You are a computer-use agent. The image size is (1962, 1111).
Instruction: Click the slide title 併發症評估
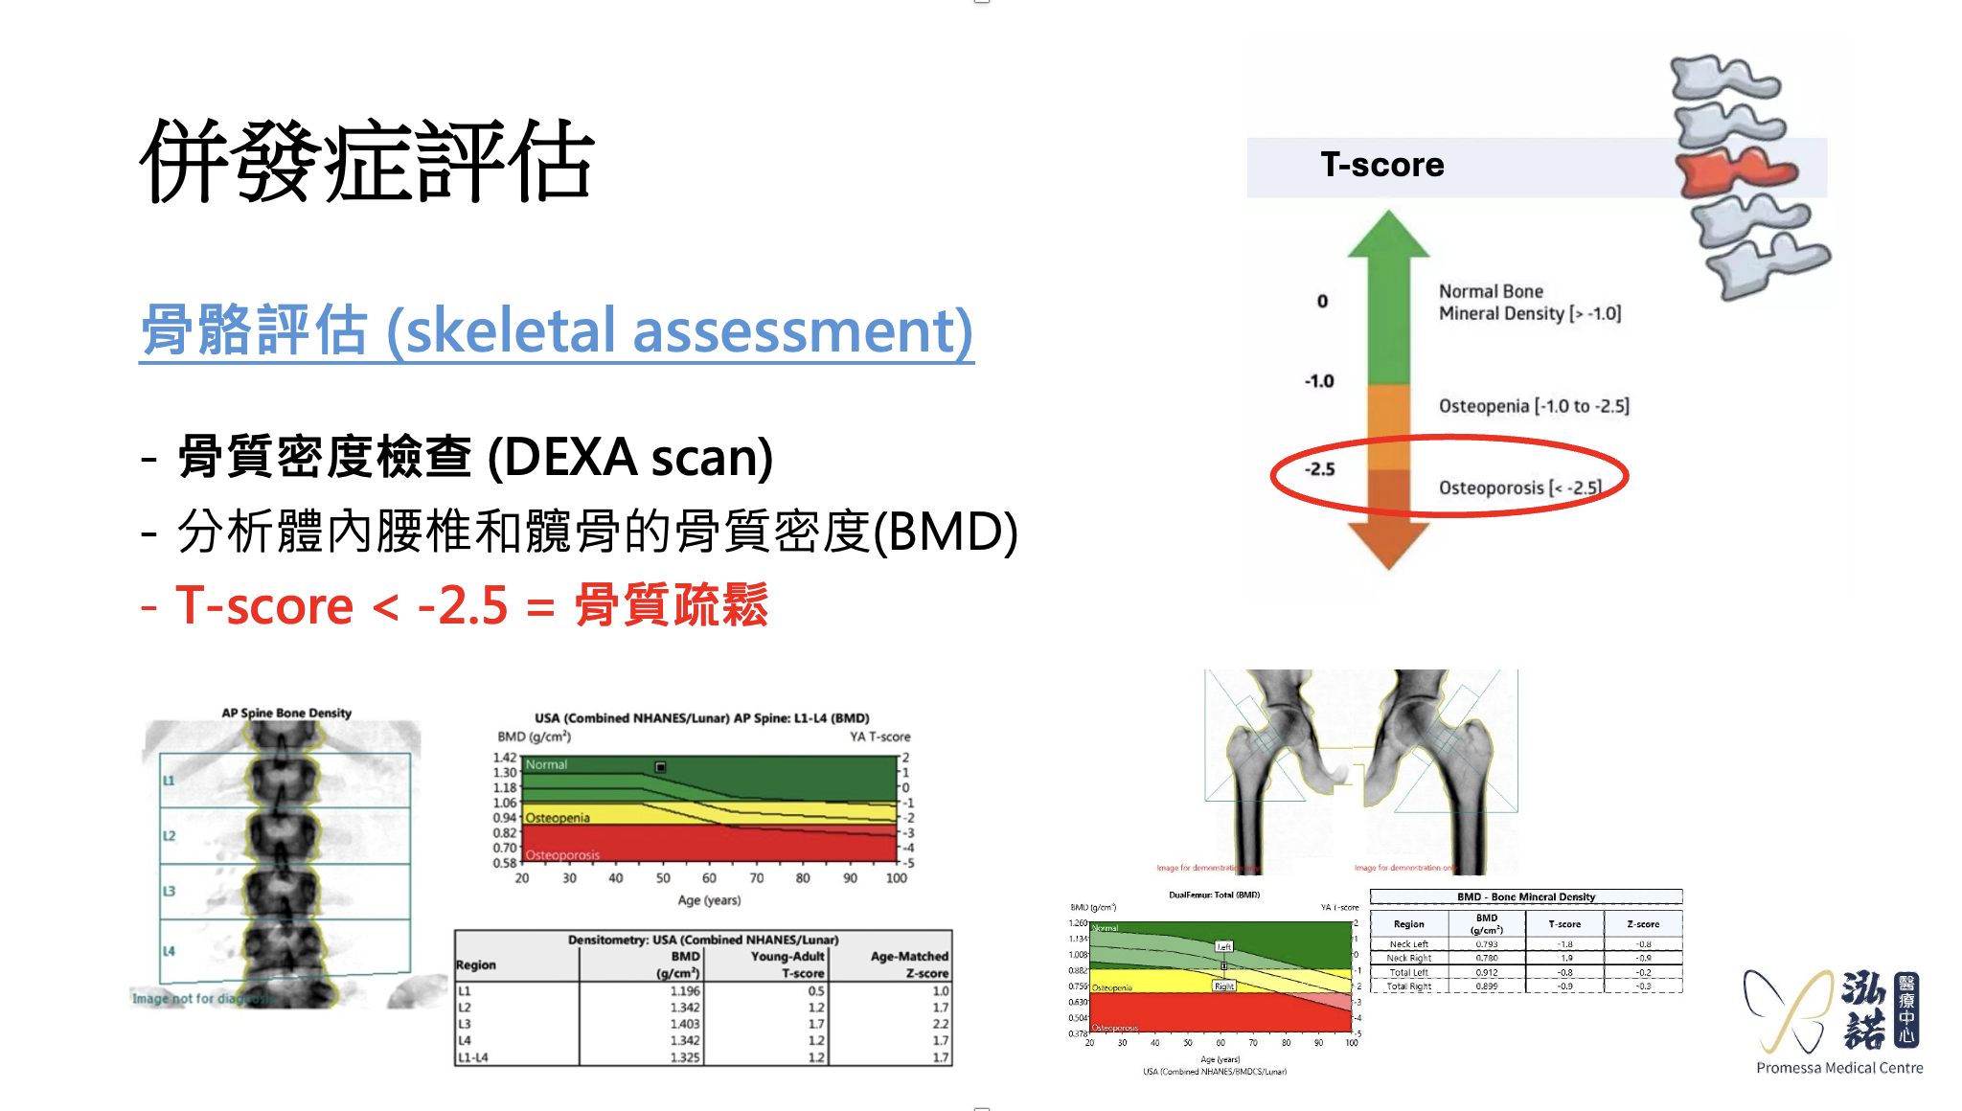pos(367,161)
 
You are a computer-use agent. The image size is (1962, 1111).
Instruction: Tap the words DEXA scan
pos(630,457)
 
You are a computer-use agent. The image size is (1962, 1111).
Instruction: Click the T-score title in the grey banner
pos(1381,165)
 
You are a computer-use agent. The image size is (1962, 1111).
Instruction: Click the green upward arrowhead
pos(1388,235)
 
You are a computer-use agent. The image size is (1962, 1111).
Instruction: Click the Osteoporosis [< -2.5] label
pos(1519,487)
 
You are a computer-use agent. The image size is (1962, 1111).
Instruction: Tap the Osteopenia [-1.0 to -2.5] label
pos(1533,406)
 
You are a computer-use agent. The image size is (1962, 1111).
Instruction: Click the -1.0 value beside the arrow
pos(1319,381)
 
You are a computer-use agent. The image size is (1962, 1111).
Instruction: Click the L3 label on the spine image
pos(169,891)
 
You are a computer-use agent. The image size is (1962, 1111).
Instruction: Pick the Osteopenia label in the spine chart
pos(558,818)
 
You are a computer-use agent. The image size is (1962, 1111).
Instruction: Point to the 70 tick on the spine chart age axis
pos(756,877)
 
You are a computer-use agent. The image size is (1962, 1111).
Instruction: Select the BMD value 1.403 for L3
pos(685,1024)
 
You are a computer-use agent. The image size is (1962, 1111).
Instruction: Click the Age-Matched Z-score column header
pos(908,964)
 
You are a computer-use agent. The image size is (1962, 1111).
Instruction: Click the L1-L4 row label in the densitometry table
pos(473,1057)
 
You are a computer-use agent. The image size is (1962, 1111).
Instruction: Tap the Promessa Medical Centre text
pos(1838,1068)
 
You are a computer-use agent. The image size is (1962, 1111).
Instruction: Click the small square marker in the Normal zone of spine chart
pos(660,767)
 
